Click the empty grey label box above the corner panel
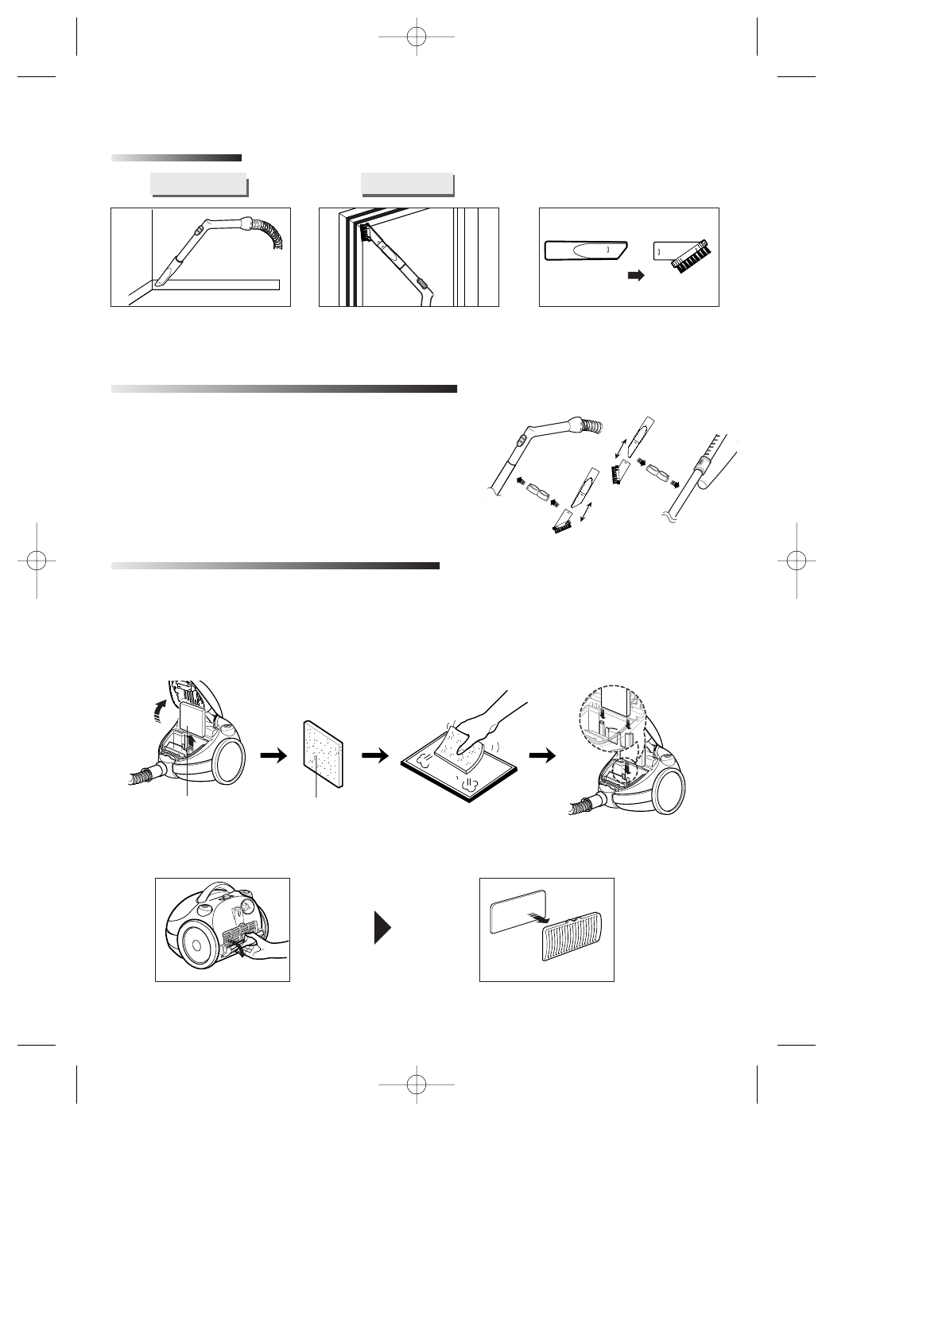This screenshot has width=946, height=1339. coord(197,184)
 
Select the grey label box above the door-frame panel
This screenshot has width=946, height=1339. coord(406,183)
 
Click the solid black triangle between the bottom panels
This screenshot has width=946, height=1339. coord(383,928)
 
